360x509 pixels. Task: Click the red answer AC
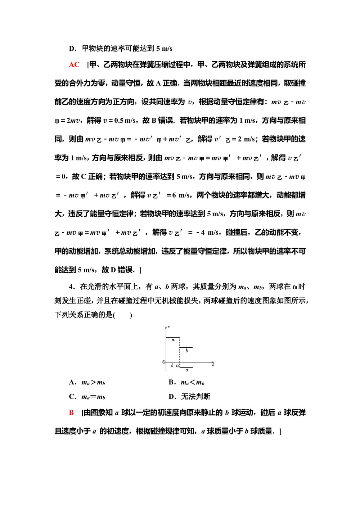click(x=74, y=65)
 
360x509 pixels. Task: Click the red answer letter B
click(x=71, y=413)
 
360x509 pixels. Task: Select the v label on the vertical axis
click(x=168, y=327)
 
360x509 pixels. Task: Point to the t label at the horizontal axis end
click(x=213, y=365)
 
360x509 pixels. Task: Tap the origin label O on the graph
click(x=164, y=362)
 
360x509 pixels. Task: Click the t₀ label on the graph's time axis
click(x=178, y=366)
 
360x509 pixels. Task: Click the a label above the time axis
click(x=173, y=340)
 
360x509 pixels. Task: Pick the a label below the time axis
click(x=186, y=370)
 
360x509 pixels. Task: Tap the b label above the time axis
click(x=186, y=350)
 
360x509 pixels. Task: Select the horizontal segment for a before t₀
click(x=173, y=337)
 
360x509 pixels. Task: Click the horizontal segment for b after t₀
click(x=186, y=347)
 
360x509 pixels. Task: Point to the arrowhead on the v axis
click(x=166, y=327)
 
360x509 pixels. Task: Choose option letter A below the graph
click(x=72, y=382)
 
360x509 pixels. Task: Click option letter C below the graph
click(x=72, y=397)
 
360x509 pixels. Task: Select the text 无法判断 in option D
click(x=195, y=397)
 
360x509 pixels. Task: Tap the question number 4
click(x=71, y=287)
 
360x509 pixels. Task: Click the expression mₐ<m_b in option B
click(x=192, y=382)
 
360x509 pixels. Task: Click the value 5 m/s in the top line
click(x=164, y=49)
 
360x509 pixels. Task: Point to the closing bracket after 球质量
click(x=280, y=431)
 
